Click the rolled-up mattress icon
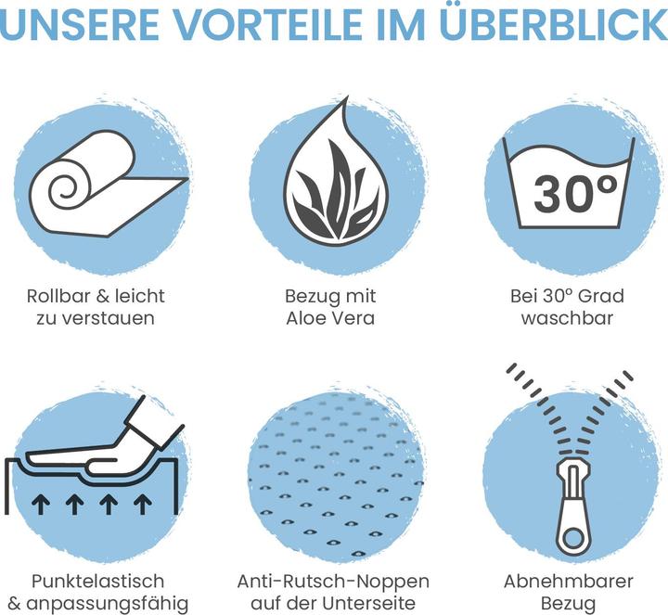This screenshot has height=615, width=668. pos(109,184)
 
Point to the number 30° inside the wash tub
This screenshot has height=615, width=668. pos(575,193)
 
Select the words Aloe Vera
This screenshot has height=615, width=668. pos(330,318)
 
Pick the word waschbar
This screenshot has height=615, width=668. pos(567,318)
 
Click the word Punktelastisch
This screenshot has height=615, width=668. pos(97,582)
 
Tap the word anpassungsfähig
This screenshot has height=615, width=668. pos(107,604)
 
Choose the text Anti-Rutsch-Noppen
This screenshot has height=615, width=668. pos(333,582)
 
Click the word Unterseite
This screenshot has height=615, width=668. pos(368,604)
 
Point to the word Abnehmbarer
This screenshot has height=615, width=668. pos(569,582)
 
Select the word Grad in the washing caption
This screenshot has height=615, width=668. pos(605,296)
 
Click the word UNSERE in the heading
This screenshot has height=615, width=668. pos(79,24)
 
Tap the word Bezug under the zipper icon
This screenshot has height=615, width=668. pos(569,604)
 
